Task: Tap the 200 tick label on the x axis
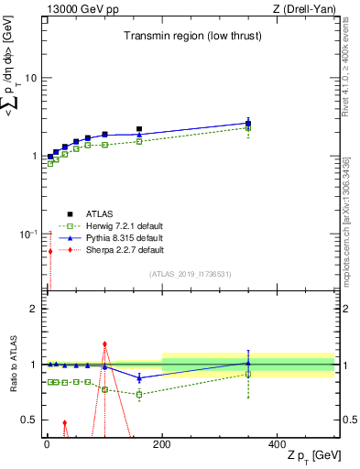point(162,444)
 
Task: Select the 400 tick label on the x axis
point(278,444)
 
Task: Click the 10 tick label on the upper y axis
point(29,78)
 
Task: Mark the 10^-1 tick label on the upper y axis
point(27,234)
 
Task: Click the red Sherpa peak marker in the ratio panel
point(104,344)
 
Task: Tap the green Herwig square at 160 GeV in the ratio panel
point(139,395)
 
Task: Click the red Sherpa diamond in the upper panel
point(50,251)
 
